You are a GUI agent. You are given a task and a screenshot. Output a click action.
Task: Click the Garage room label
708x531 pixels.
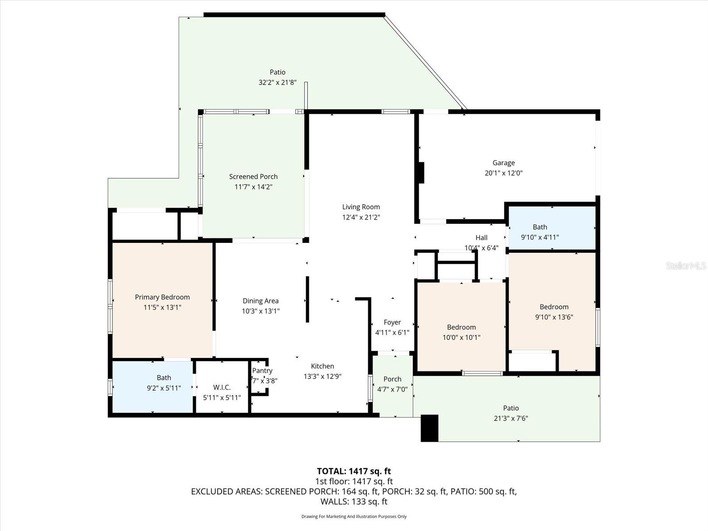tap(504, 163)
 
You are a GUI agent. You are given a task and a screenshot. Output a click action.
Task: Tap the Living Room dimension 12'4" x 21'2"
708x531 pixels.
tap(361, 217)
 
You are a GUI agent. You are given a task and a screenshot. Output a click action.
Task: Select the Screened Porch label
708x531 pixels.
tap(253, 177)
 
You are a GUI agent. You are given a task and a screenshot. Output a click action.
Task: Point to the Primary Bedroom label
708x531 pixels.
tap(162, 297)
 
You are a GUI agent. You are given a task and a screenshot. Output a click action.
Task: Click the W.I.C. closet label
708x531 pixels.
tap(222, 387)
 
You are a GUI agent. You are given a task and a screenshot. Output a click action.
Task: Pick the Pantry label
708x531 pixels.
tap(262, 371)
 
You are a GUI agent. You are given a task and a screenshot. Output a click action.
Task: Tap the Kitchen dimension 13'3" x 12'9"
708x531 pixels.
tap(322, 377)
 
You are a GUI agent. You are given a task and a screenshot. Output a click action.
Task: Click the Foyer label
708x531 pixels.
tap(392, 323)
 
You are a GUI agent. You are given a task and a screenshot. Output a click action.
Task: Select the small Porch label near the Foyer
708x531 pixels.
tap(392, 379)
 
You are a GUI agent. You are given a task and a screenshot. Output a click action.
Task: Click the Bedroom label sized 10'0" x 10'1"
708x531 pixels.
tap(461, 327)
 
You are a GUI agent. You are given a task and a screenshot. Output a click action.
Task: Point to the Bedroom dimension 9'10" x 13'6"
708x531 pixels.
tap(554, 317)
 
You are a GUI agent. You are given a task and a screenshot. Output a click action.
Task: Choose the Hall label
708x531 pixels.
tap(481, 238)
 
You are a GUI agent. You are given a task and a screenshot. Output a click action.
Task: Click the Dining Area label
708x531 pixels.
tap(260, 301)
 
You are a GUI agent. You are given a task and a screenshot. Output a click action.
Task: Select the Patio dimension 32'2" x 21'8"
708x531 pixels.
tap(277, 82)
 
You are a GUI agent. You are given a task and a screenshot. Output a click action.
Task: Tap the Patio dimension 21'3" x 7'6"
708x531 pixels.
tap(511, 418)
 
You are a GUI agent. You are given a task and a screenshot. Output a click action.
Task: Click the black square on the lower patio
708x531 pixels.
tap(429, 428)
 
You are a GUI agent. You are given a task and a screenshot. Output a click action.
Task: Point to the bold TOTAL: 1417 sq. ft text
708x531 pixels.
tap(354, 471)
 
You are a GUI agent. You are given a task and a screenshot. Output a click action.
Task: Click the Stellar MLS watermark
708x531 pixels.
tap(685, 265)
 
